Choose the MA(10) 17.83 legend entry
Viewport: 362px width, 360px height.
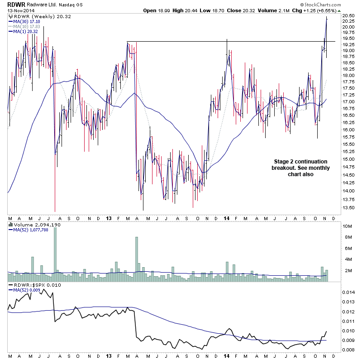tap(24, 26)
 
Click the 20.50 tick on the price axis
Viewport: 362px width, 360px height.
tap(348, 16)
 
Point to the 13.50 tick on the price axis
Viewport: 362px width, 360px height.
tap(348, 208)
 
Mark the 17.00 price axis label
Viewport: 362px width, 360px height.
tap(348, 108)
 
